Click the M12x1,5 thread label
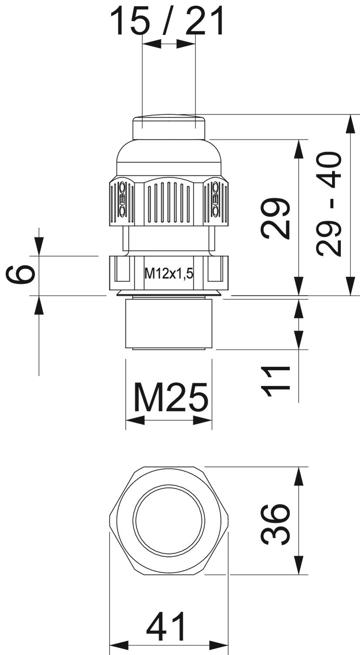tap(169, 274)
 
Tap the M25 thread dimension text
tap(171, 397)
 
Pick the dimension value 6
tap(20, 274)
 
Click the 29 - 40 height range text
tap(329, 203)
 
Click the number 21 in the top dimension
tap(205, 21)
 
